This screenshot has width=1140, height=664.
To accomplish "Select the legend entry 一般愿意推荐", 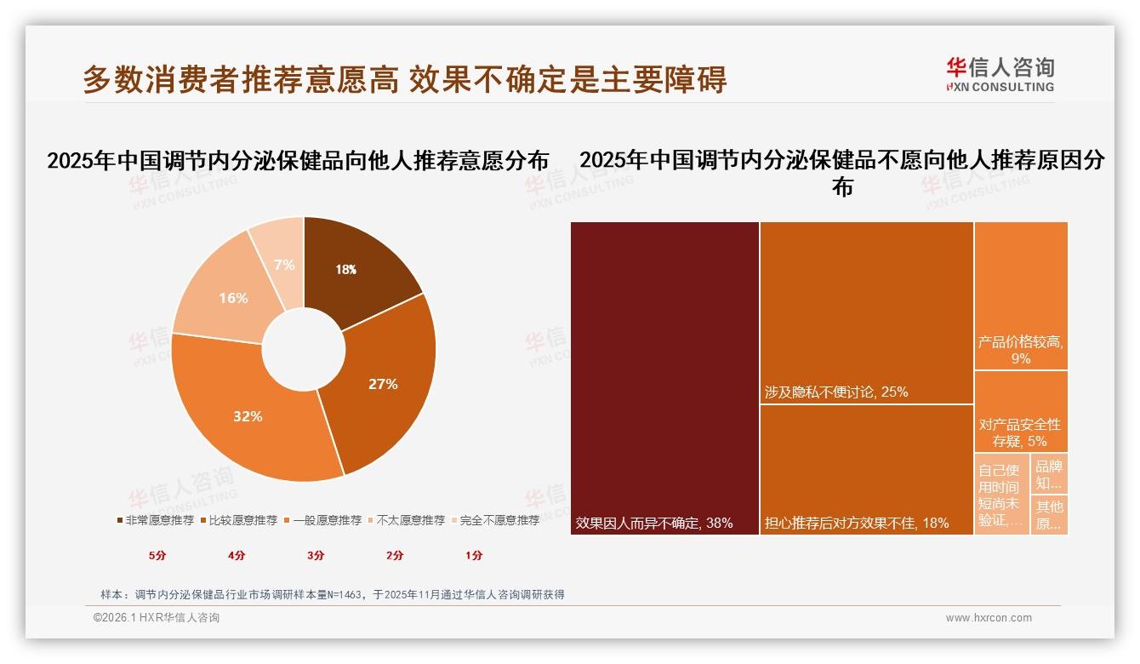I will tap(327, 520).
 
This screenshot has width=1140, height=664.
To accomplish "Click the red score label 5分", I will tap(157, 555).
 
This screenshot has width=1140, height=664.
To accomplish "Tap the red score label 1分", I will tap(474, 555).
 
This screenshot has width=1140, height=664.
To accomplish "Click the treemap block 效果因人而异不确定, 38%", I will tap(664, 378).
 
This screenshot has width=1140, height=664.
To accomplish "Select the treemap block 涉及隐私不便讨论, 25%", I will tap(866, 312).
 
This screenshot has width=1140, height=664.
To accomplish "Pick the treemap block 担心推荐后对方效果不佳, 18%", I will tap(866, 469).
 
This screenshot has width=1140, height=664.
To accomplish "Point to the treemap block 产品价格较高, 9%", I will tap(1021, 295).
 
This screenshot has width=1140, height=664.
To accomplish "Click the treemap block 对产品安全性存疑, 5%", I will tap(1021, 412).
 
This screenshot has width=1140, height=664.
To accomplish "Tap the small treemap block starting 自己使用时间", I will tap(1001, 495).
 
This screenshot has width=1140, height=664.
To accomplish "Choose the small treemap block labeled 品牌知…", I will tap(1049, 474).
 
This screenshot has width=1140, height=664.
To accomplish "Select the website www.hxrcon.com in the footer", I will tap(989, 618).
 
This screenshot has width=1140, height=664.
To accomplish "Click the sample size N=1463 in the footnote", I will tap(348, 595).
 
